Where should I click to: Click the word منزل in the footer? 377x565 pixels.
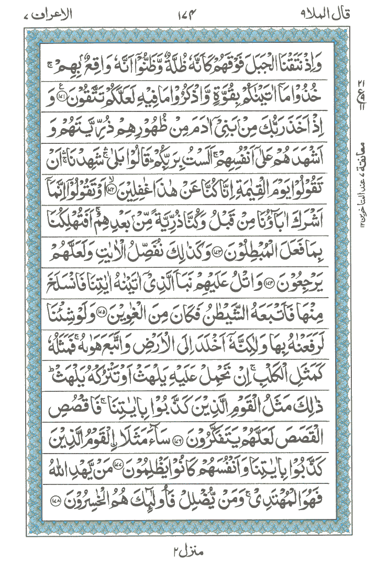click(x=194, y=552)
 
